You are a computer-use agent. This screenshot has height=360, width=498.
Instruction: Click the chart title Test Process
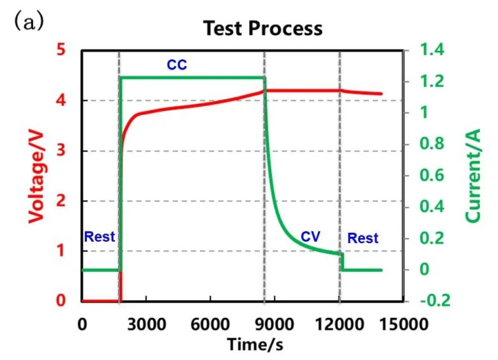pos(262,29)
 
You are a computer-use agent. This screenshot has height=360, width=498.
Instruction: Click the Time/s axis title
pos(255,345)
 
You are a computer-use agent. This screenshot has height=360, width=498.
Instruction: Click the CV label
pos(310,237)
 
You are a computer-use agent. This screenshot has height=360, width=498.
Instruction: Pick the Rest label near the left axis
pos(100,237)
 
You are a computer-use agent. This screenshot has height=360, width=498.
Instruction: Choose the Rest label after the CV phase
pos(363,239)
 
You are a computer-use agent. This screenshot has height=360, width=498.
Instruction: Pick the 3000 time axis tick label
pos(146,324)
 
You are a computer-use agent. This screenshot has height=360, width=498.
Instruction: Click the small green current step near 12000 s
pos(342,261)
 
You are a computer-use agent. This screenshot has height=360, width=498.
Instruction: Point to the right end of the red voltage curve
pos(381,94)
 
